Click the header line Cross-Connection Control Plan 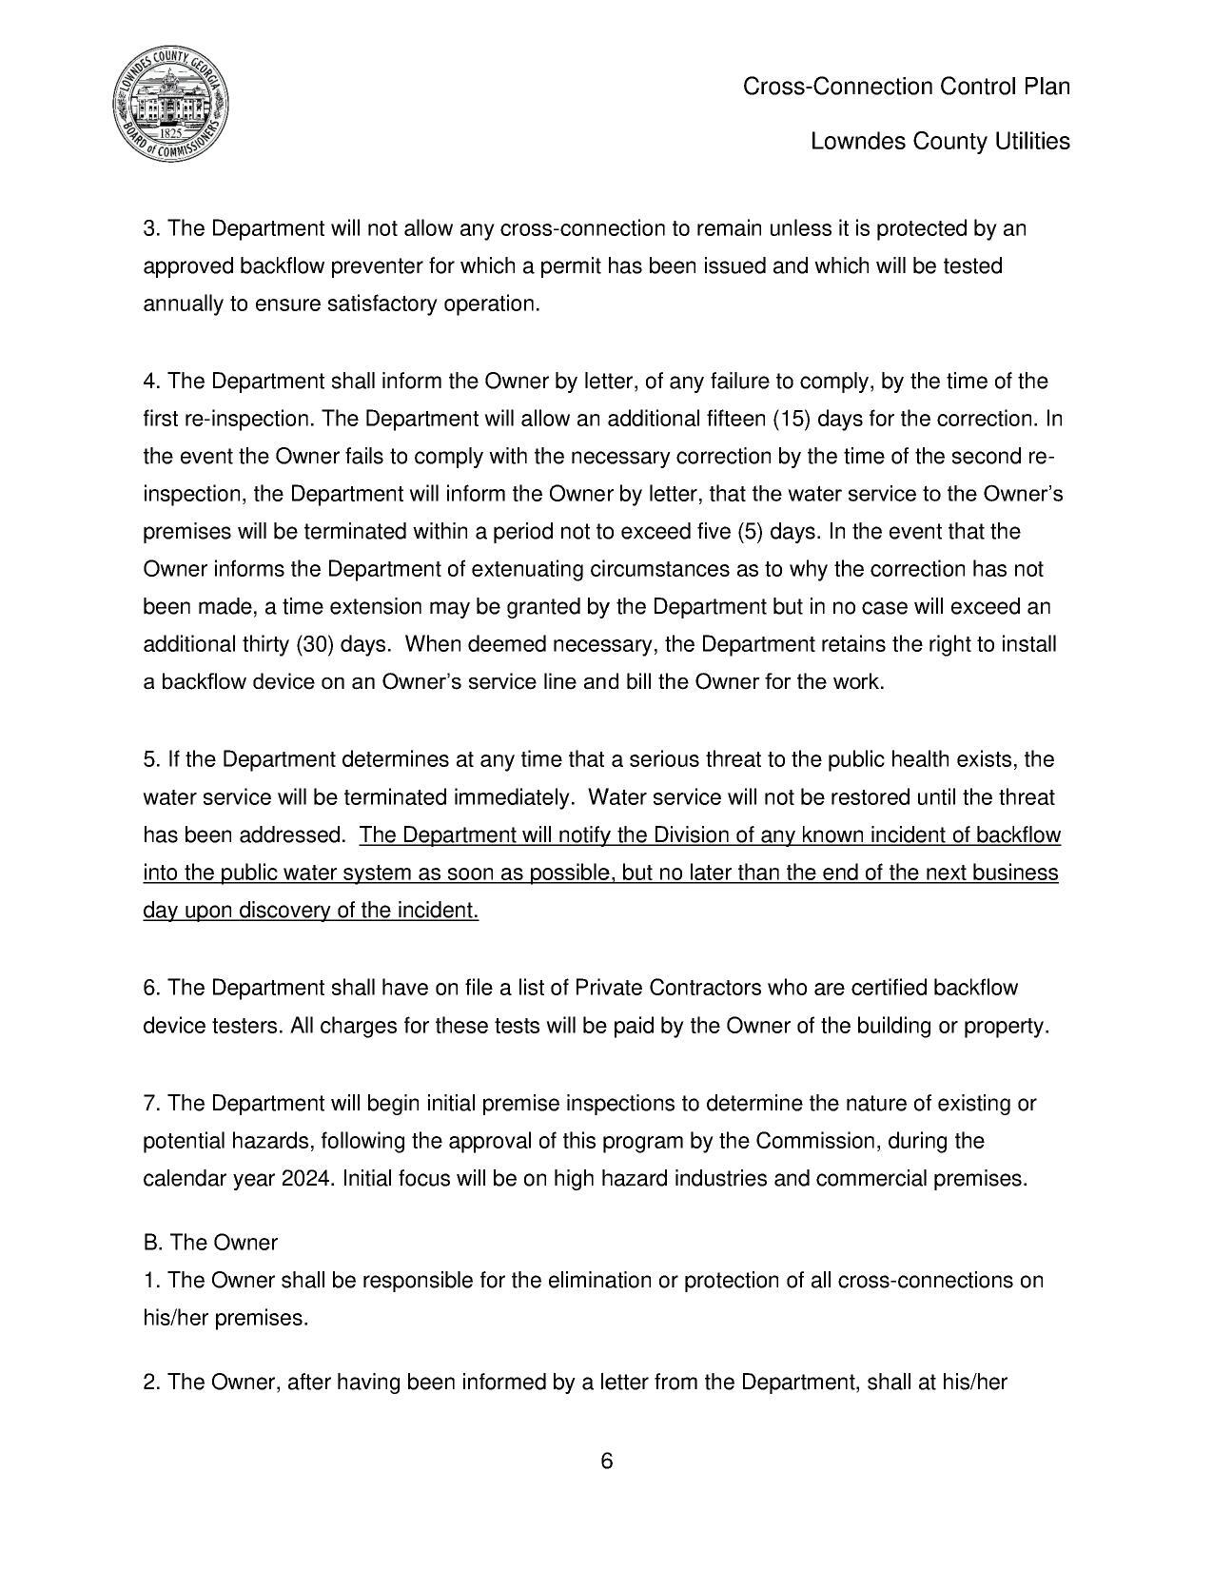click(x=906, y=87)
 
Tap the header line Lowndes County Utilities click(x=940, y=142)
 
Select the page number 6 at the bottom click(x=606, y=1462)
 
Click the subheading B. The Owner click(x=210, y=1243)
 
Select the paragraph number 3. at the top click(x=152, y=228)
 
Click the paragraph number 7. click(x=152, y=1103)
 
